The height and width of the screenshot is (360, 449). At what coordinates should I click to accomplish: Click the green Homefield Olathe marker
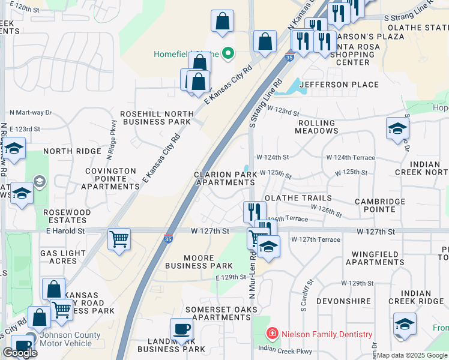coord(228,54)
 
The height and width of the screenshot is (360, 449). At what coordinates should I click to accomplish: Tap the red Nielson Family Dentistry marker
coord(272,334)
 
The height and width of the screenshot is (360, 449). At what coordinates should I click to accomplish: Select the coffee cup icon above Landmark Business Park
coord(181,328)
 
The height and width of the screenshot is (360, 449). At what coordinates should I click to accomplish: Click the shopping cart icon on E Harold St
coord(119,239)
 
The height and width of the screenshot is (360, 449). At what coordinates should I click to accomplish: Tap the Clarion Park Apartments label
coord(226,178)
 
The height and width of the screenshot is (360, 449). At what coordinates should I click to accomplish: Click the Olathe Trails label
coord(298,198)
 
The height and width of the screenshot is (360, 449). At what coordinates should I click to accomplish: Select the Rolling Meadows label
coord(318,127)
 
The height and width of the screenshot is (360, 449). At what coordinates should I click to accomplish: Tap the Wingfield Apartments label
coord(378,258)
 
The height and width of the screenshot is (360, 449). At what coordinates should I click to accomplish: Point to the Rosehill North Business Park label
coord(156,118)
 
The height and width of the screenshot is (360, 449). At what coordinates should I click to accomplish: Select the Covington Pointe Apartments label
coord(110,179)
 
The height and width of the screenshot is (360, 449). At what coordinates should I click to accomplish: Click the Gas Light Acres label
coord(67,257)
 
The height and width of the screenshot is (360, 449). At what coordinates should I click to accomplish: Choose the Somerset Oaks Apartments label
coord(222,313)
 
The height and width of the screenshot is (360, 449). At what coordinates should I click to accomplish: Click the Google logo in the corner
coord(20,353)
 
